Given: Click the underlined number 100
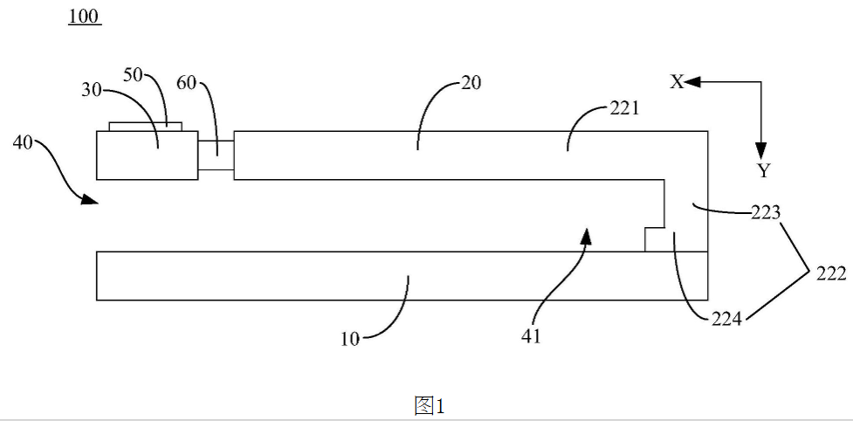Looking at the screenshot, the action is (x=85, y=17).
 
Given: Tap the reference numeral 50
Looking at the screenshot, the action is (x=134, y=74).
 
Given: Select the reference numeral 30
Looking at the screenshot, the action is (x=92, y=91).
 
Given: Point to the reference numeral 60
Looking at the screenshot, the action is (x=188, y=85).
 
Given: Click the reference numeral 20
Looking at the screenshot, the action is (x=471, y=83).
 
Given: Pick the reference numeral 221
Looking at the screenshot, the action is (x=623, y=109).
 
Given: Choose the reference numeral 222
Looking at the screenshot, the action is (x=830, y=274).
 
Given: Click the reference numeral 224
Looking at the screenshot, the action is (x=726, y=319).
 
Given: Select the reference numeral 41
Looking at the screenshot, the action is (x=531, y=336).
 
